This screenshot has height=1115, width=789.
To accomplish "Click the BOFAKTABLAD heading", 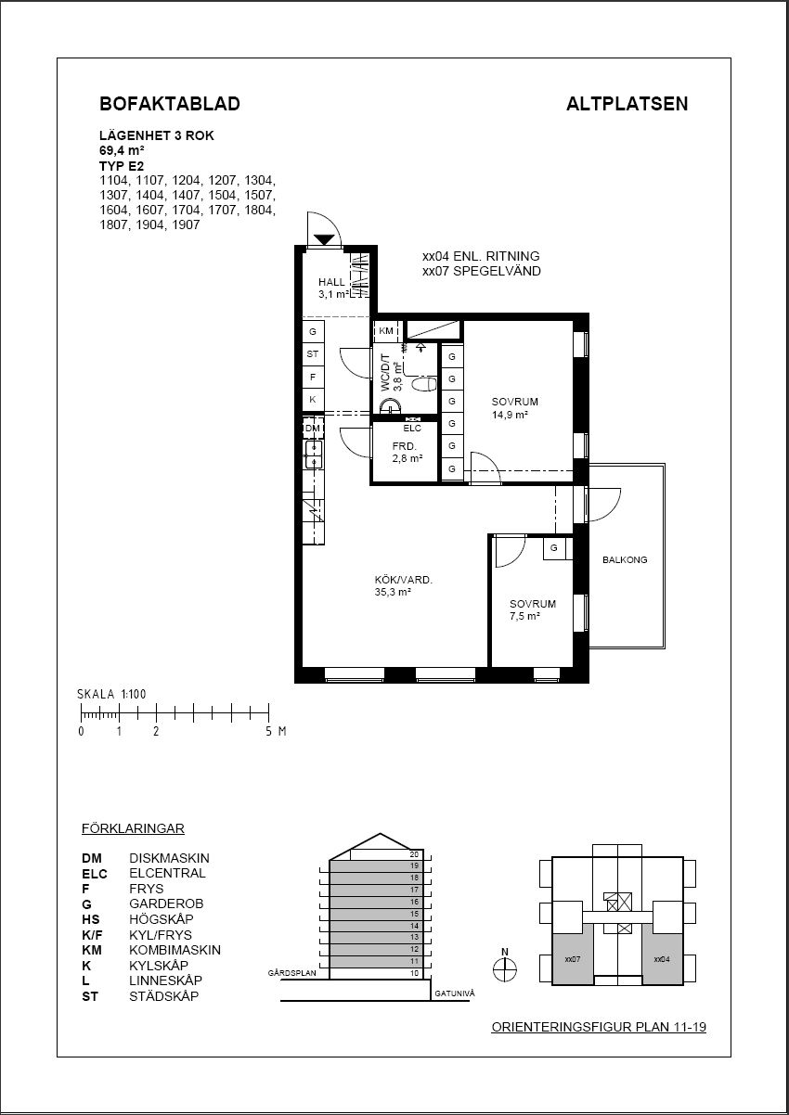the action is (x=170, y=104).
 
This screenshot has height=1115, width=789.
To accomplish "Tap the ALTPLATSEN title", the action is (x=627, y=104).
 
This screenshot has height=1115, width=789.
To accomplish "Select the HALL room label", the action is (x=331, y=282).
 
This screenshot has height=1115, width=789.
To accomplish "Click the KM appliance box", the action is (x=386, y=330).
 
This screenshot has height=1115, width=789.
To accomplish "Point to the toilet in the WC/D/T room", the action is (x=425, y=384).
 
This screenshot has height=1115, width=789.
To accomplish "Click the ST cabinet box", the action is (x=313, y=354).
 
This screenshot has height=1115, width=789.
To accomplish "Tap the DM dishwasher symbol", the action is (x=313, y=428).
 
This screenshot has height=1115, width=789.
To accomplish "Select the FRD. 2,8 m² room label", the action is (x=407, y=453).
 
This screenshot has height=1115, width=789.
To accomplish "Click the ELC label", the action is (x=412, y=428).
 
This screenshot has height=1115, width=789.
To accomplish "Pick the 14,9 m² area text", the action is (x=510, y=415).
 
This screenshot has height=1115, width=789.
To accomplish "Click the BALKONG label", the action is (x=625, y=559).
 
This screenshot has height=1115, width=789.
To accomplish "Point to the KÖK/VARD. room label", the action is (x=404, y=580).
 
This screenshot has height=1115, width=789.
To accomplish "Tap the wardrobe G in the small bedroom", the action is (x=554, y=548).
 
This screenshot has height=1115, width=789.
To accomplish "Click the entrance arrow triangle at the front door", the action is (x=325, y=239).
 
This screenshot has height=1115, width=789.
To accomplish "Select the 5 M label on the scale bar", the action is (x=276, y=731).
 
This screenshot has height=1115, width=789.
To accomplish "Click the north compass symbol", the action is (x=505, y=969).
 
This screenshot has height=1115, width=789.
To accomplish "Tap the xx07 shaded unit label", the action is (x=573, y=959).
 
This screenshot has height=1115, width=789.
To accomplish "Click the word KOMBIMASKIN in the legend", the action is (x=175, y=950).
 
